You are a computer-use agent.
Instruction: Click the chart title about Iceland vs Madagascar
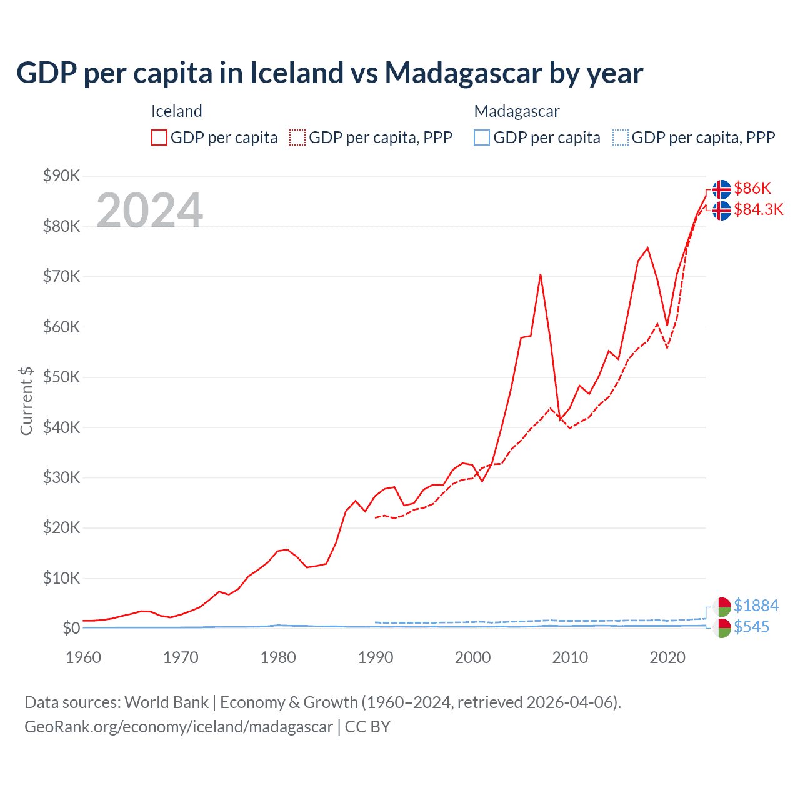point(329,73)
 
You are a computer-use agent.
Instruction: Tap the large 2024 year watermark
point(150,211)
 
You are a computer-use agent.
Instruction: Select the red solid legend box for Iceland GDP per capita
point(159,137)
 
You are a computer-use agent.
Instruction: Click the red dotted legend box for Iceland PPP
point(297,137)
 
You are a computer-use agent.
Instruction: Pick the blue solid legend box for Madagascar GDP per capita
point(482,137)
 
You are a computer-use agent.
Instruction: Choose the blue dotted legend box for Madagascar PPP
point(621,137)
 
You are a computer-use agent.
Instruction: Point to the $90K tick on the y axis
point(62,176)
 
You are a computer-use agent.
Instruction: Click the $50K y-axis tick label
point(62,377)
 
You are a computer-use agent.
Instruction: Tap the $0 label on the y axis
point(71,628)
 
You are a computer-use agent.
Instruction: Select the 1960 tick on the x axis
point(83,657)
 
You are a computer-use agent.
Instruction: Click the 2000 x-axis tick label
point(473,657)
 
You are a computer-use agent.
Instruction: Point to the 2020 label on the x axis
point(667,657)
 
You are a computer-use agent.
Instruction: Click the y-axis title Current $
point(26,401)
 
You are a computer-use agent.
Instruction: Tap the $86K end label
point(752,188)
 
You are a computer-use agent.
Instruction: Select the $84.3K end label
point(758,209)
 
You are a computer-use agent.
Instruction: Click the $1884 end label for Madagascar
point(756,606)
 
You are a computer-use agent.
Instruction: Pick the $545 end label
point(751,627)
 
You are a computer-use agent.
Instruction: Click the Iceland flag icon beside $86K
point(722,189)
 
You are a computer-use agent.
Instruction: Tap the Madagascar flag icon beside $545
point(722,628)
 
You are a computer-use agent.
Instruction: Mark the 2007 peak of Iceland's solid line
point(541,274)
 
